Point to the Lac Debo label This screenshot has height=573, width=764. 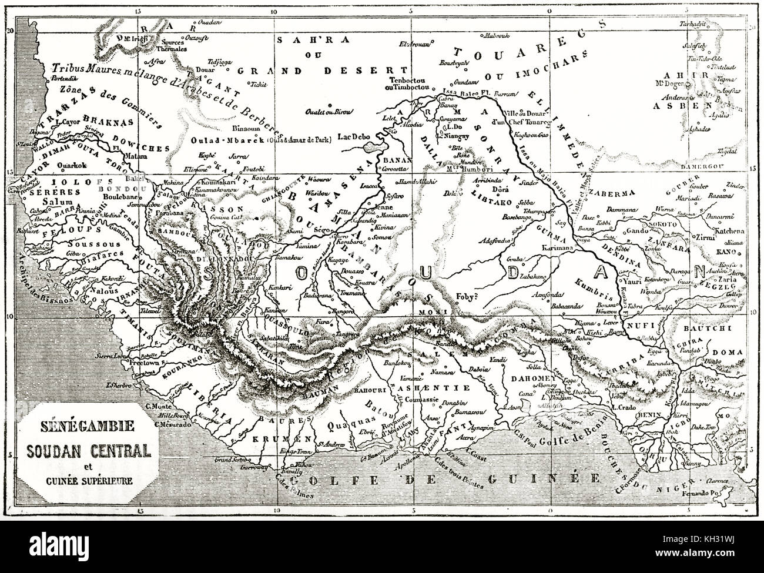click(354, 136)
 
